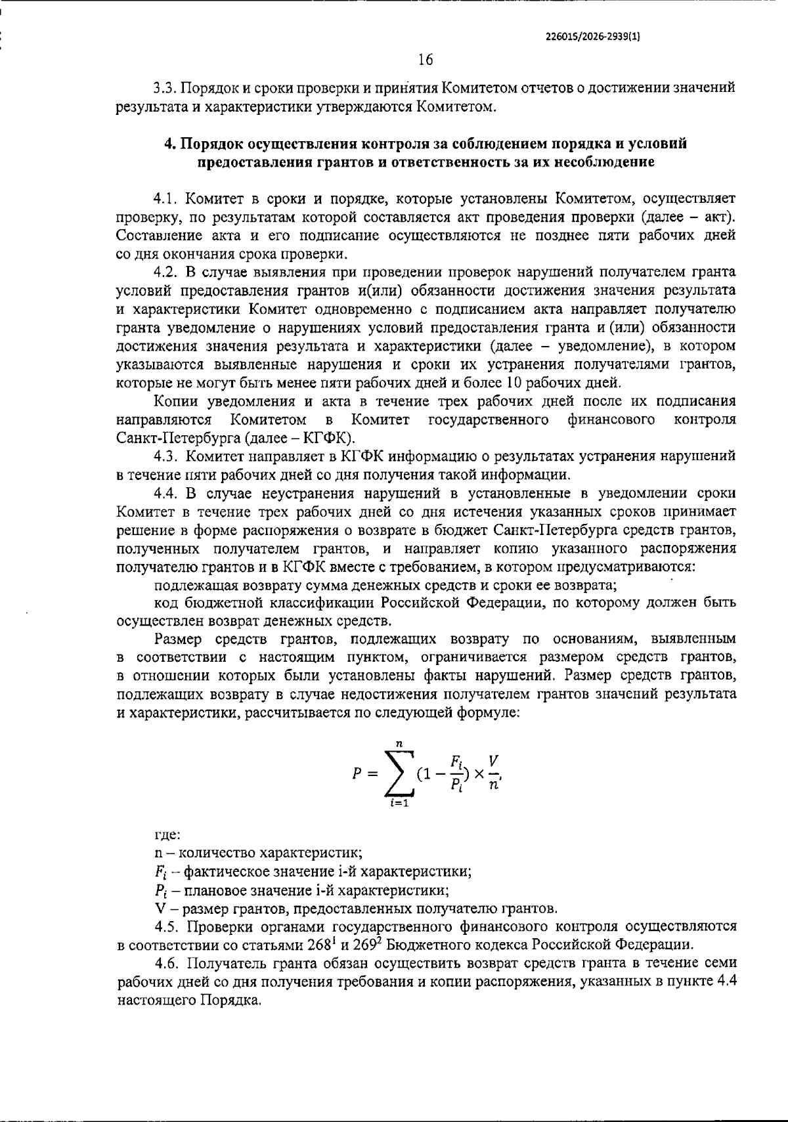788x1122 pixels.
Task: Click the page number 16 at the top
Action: tap(425, 60)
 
